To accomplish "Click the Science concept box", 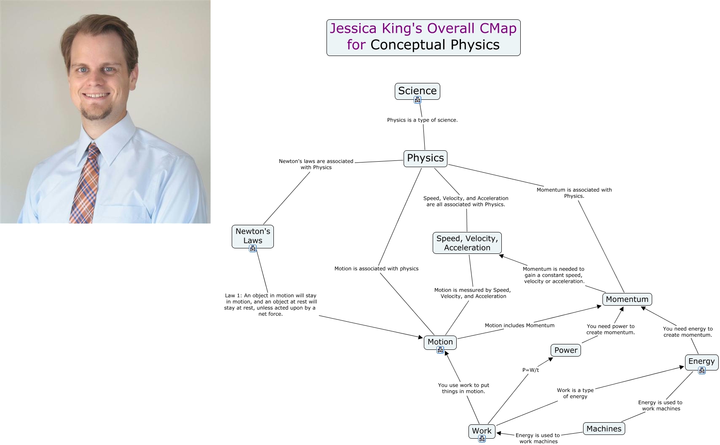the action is coord(417,91).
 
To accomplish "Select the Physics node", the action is coord(425,158).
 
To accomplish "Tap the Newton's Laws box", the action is coord(253,237).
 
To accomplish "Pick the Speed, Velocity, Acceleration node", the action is coord(467,243).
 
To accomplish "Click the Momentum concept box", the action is coord(627,299).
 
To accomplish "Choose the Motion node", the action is coord(440,342).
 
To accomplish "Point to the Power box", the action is coord(566,350).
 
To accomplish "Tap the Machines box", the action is coord(604,429).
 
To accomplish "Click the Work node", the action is coord(482,431).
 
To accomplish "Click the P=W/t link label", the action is coord(530,370).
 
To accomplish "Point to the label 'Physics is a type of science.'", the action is coord(422,120).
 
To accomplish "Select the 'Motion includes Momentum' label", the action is coord(519,325).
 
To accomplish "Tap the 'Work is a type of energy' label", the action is coord(575,393).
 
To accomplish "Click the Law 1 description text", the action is coord(270,304).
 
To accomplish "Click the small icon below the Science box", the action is coord(417,100).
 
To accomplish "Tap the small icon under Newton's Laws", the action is coord(253,248).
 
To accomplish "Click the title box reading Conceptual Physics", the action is coord(423,37).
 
